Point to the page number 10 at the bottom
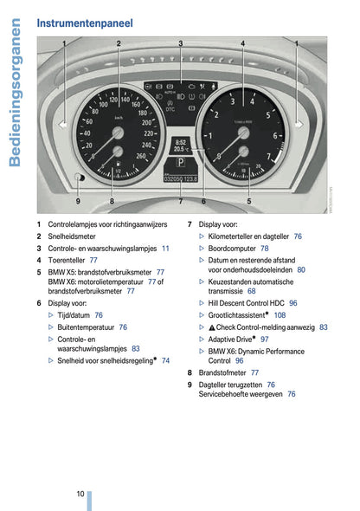(x=80, y=493)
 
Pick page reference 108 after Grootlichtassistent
(x=280, y=315)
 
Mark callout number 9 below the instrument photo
(x=78, y=201)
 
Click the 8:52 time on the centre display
(x=181, y=141)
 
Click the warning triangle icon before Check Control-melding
(x=211, y=327)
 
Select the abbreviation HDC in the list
(x=276, y=304)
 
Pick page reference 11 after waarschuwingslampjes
(x=165, y=248)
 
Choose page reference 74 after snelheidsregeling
(x=165, y=360)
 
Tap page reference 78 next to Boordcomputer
(x=265, y=248)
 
